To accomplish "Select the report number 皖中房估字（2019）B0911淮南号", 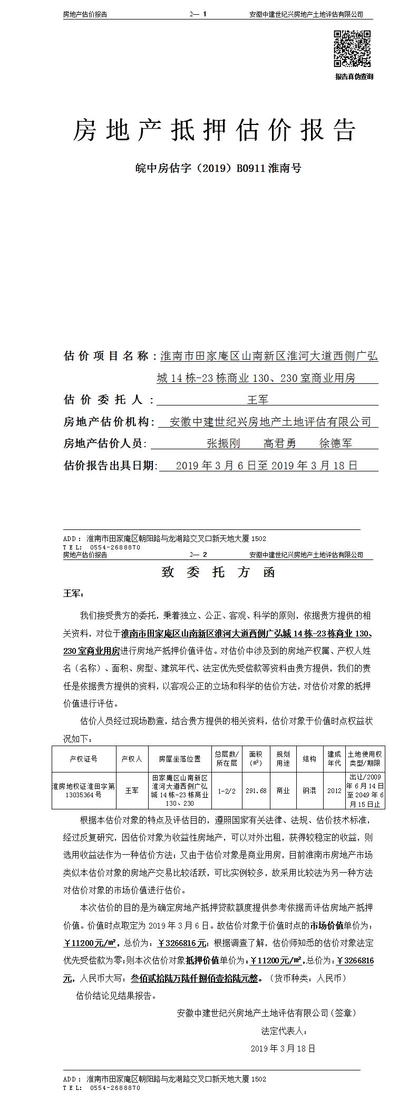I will pyautogui.click(x=218, y=169).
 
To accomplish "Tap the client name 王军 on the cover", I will pyautogui.click(x=258, y=400).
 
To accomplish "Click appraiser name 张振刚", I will pyautogui.click(x=223, y=443).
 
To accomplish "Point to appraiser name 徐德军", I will pyautogui.click(x=336, y=443).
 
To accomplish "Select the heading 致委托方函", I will pyautogui.click(x=218, y=573).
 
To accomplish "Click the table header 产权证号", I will pyautogui.click(x=83, y=759).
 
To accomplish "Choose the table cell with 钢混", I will pyautogui.click(x=309, y=790).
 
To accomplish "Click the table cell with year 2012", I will pyautogui.click(x=334, y=790).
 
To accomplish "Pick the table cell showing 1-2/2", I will pyautogui.click(x=227, y=790).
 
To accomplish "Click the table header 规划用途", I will pyautogui.click(x=283, y=759).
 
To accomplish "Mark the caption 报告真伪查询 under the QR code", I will pyautogui.click(x=354, y=76).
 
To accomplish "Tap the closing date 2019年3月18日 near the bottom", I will pyautogui.click(x=283, y=1048).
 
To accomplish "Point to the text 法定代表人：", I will pyautogui.click(x=284, y=1030).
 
